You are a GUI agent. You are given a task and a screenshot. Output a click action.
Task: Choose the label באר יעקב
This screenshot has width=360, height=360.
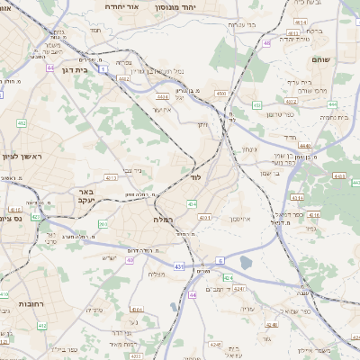click(x=86, y=196)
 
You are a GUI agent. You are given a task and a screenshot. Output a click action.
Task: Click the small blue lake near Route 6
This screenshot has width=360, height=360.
click(x=246, y=264)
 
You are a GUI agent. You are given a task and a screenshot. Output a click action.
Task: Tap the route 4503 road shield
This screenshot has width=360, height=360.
click(x=221, y=93)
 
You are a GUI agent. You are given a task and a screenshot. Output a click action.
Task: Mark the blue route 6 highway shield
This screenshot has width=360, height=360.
click(x=220, y=260)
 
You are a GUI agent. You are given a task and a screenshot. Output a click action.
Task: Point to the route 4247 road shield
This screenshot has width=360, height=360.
click(x=239, y=289)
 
